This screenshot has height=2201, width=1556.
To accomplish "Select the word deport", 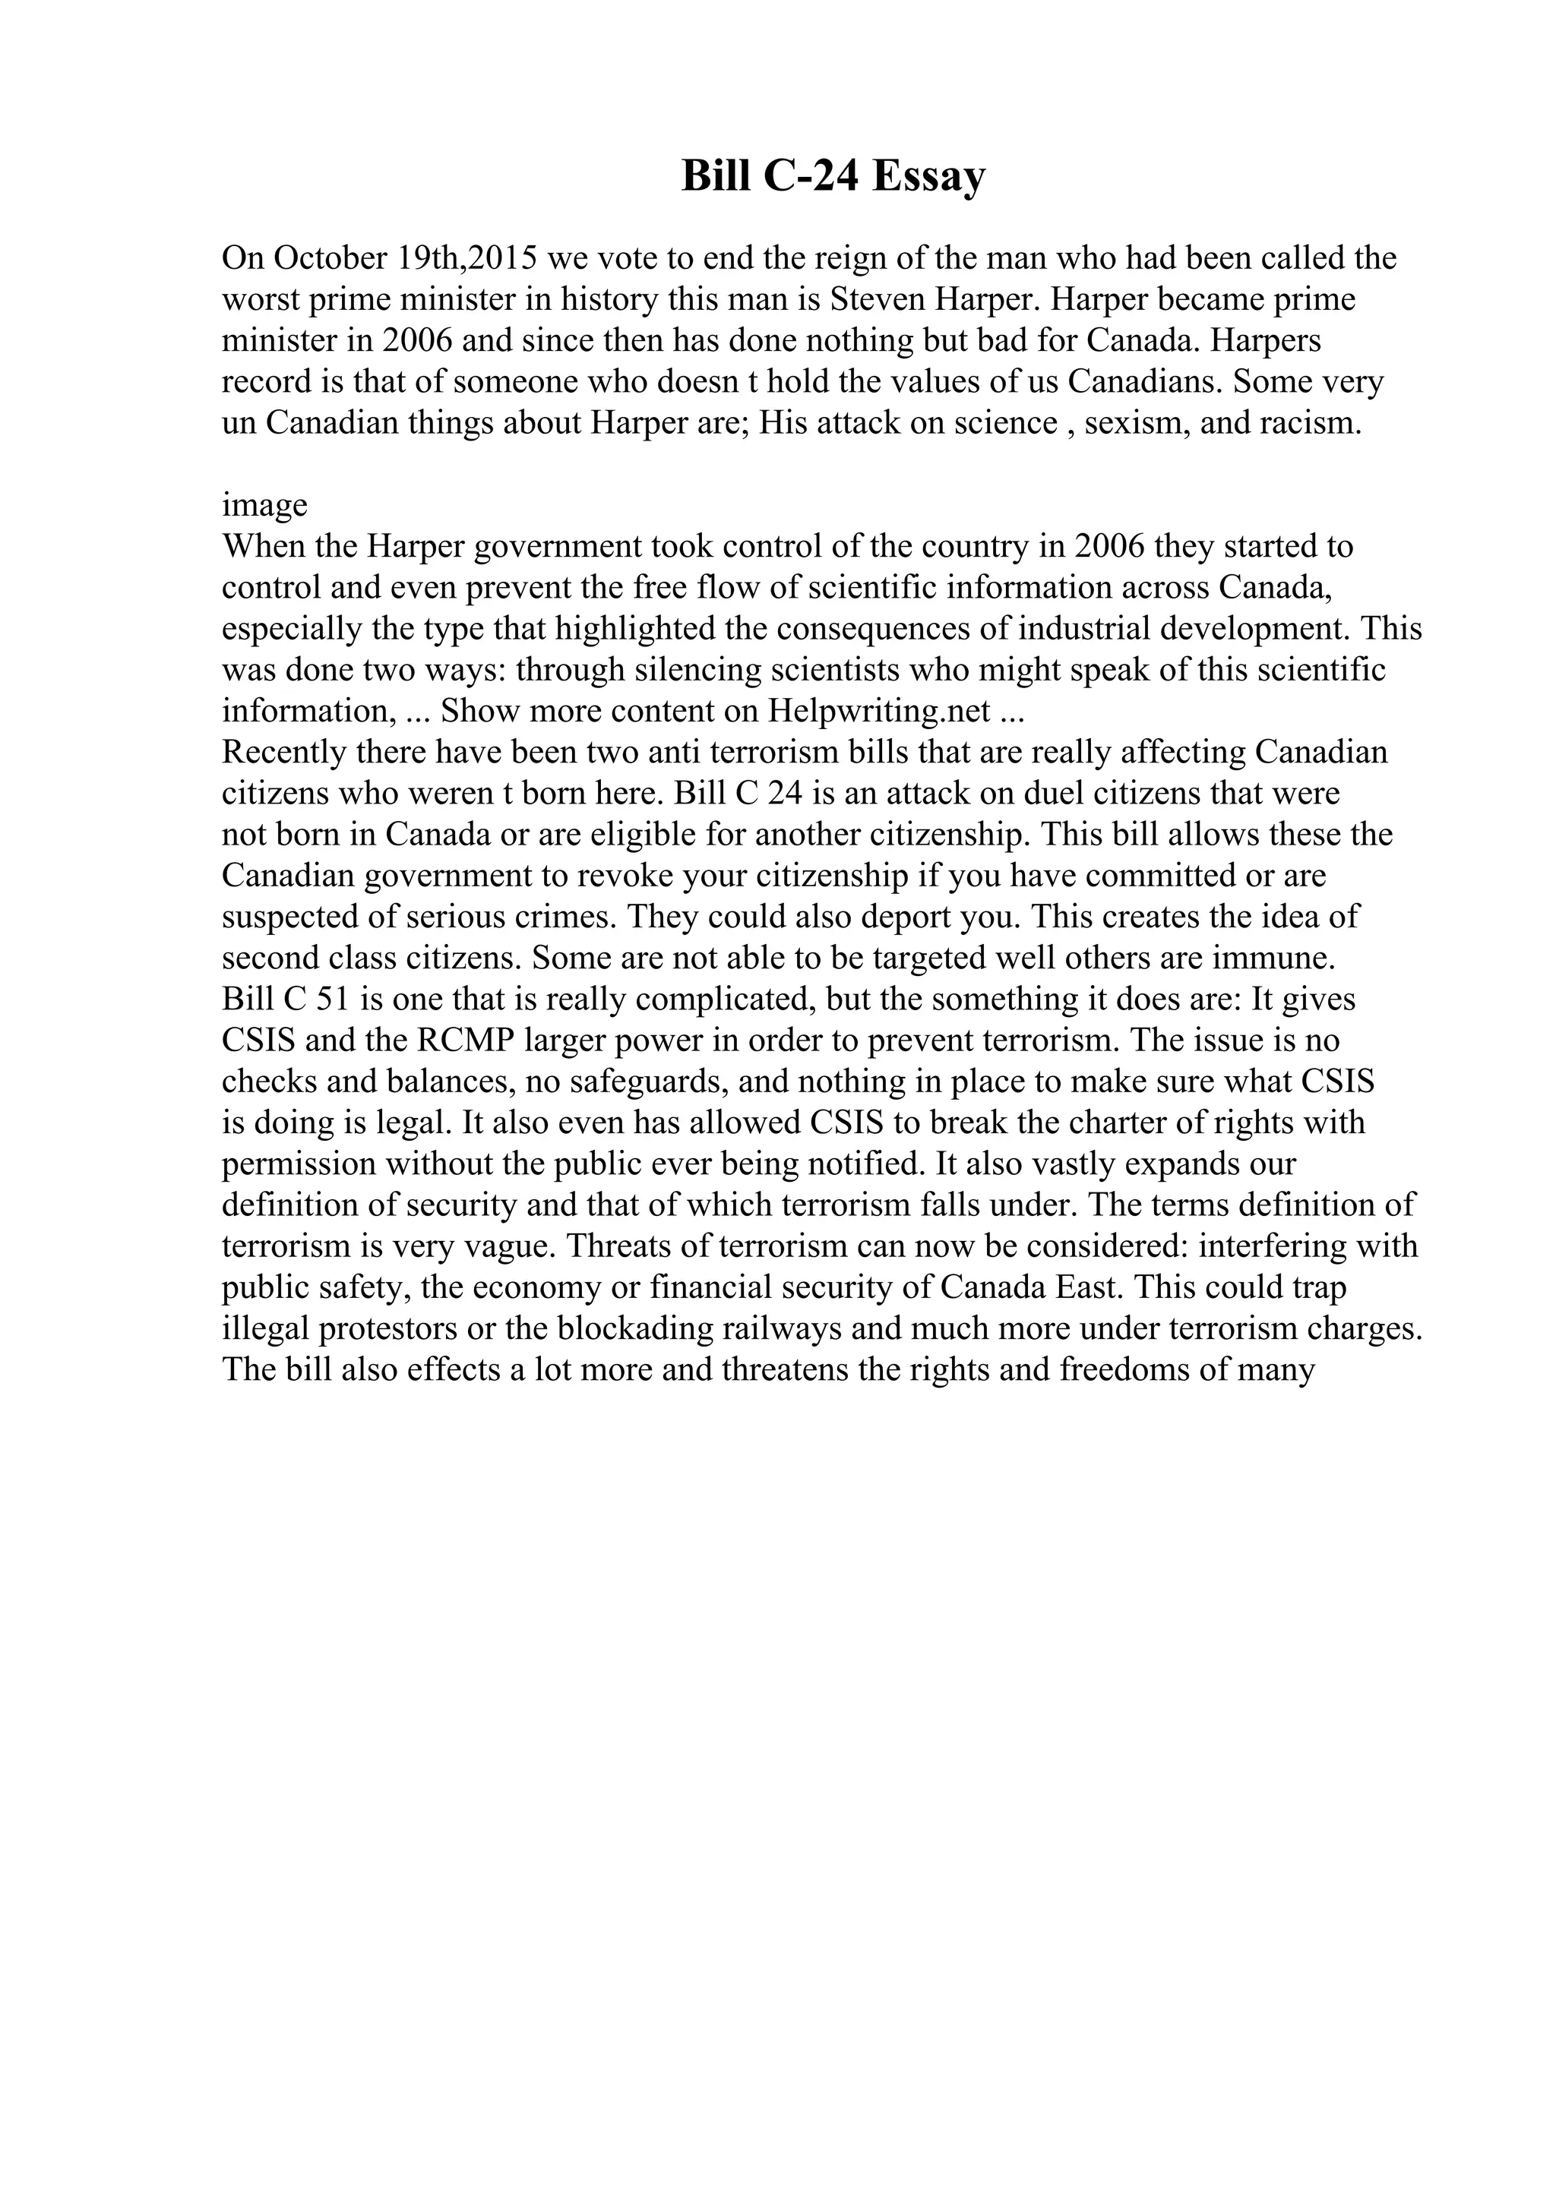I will click(x=906, y=917).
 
